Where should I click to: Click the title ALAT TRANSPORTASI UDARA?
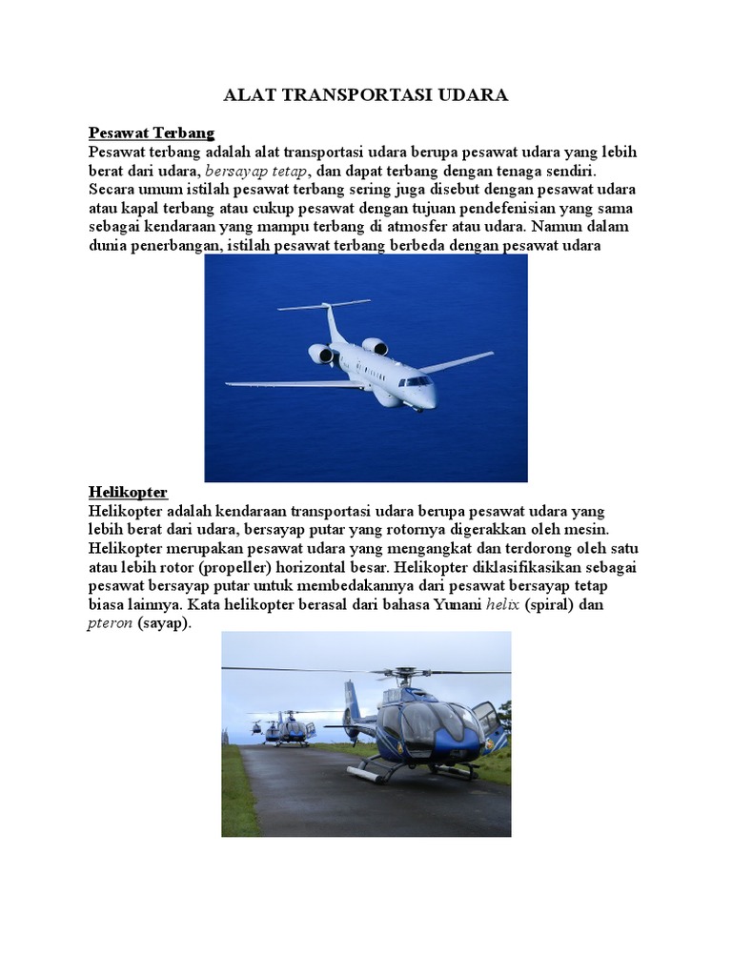366,95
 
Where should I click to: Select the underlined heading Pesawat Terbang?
152,132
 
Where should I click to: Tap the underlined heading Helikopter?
128,492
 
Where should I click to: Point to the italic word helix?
502,605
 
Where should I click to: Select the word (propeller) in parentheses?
231,568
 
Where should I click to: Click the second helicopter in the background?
292,728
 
